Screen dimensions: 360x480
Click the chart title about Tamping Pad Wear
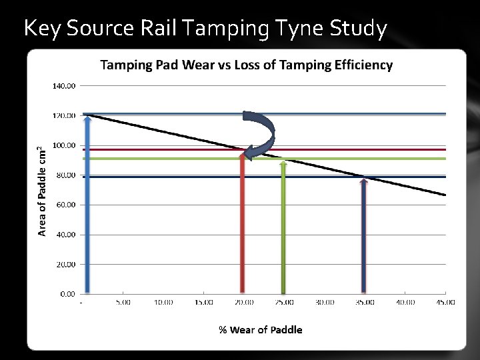click(246, 65)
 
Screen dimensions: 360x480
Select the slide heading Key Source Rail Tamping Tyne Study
click(205, 29)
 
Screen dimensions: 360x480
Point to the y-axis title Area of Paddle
click(42, 191)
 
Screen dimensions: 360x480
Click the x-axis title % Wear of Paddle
click(260, 329)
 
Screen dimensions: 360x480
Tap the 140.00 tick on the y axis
click(64, 86)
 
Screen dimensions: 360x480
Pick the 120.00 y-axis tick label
click(64, 116)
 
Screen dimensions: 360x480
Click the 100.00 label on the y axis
click(64, 145)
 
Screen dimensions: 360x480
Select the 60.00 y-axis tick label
click(66, 205)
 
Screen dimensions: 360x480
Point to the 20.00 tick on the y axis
click(66, 264)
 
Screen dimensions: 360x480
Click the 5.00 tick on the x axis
click(123, 302)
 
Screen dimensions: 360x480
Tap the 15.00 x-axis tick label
click(203, 302)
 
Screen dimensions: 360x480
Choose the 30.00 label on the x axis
click(325, 302)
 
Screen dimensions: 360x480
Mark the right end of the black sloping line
click(444, 195)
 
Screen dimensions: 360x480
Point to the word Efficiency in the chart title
click(365, 65)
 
